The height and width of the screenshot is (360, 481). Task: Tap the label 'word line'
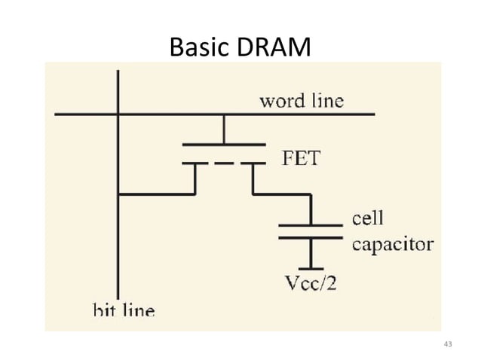tap(301, 100)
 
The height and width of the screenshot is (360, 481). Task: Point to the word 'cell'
tap(368, 218)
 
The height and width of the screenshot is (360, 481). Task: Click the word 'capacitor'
tap(393, 244)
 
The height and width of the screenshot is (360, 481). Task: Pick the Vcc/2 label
tap(310, 285)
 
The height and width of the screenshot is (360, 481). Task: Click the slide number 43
tap(448, 345)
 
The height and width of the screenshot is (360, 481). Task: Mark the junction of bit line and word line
tap(118, 114)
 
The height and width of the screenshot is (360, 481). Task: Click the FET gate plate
tap(224, 144)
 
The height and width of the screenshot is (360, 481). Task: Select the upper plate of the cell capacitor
tap(310, 224)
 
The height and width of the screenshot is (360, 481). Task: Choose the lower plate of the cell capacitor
tap(310, 237)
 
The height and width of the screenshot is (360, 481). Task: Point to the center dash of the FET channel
tap(223, 163)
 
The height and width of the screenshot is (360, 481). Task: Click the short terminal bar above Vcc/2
tap(310, 268)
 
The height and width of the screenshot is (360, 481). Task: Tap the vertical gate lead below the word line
tap(224, 129)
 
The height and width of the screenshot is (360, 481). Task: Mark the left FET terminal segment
tap(195, 163)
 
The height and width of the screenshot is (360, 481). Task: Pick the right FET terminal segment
tap(253, 163)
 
